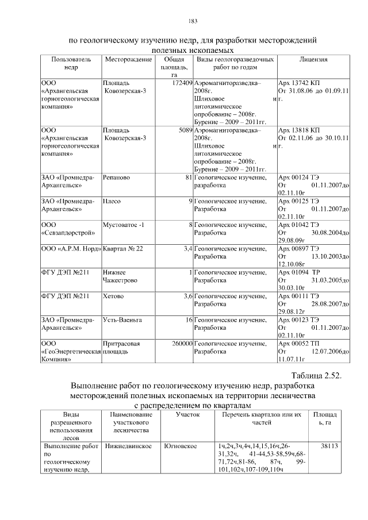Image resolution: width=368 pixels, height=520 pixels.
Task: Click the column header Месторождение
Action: (128, 59)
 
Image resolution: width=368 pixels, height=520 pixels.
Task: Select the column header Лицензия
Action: (313, 59)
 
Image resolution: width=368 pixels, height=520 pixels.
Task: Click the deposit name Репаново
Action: (116, 178)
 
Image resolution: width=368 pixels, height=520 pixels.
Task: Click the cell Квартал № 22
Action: (122, 248)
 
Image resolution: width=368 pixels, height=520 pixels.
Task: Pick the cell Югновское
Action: (183, 446)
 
